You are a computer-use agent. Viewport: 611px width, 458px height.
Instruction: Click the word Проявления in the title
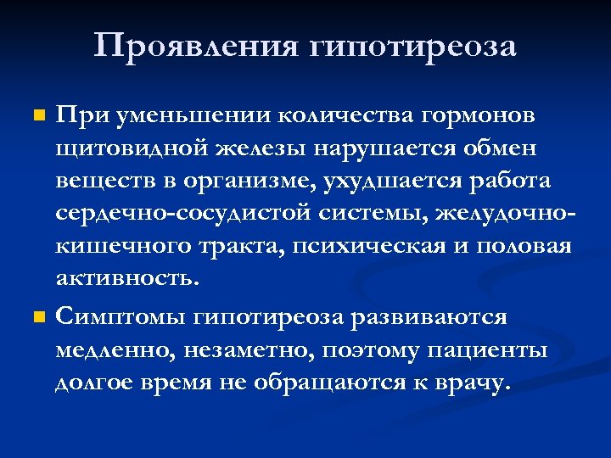pyautogui.click(x=194, y=46)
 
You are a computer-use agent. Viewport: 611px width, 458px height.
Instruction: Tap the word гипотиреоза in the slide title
pyautogui.click(x=415, y=47)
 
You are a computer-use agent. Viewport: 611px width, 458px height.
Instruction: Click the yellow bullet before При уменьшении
pyautogui.click(x=36, y=114)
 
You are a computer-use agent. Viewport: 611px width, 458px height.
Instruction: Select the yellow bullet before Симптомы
pyautogui.click(x=36, y=317)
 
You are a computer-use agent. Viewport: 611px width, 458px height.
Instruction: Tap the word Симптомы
pyautogui.click(x=121, y=318)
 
